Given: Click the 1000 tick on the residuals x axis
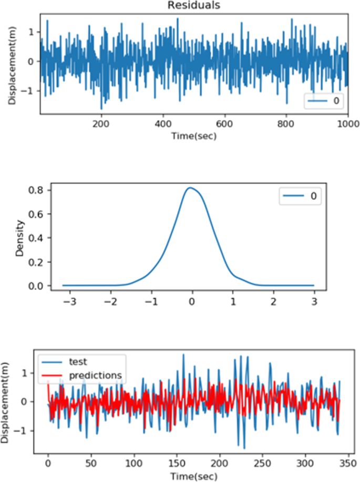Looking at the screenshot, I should (x=347, y=125).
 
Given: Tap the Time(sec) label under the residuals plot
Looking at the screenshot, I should (x=193, y=136).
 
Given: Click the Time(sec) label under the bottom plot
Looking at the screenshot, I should (x=193, y=476).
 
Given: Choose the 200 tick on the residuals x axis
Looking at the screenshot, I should (x=101, y=125).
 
